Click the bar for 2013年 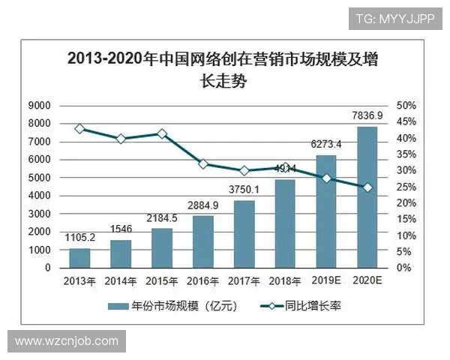point(79,258)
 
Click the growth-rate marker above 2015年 point(162,133)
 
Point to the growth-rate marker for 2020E point(367,187)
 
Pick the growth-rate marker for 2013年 point(79,129)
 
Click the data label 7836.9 point(367,115)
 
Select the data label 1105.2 point(79,238)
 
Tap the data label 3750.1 point(244,190)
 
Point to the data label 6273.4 point(326,144)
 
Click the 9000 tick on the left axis point(40,105)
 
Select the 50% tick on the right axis point(406,105)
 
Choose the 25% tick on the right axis point(406,187)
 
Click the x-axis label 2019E point(326,281)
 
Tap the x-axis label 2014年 point(121,281)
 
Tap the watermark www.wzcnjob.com point(67,341)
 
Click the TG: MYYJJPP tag point(395,17)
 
